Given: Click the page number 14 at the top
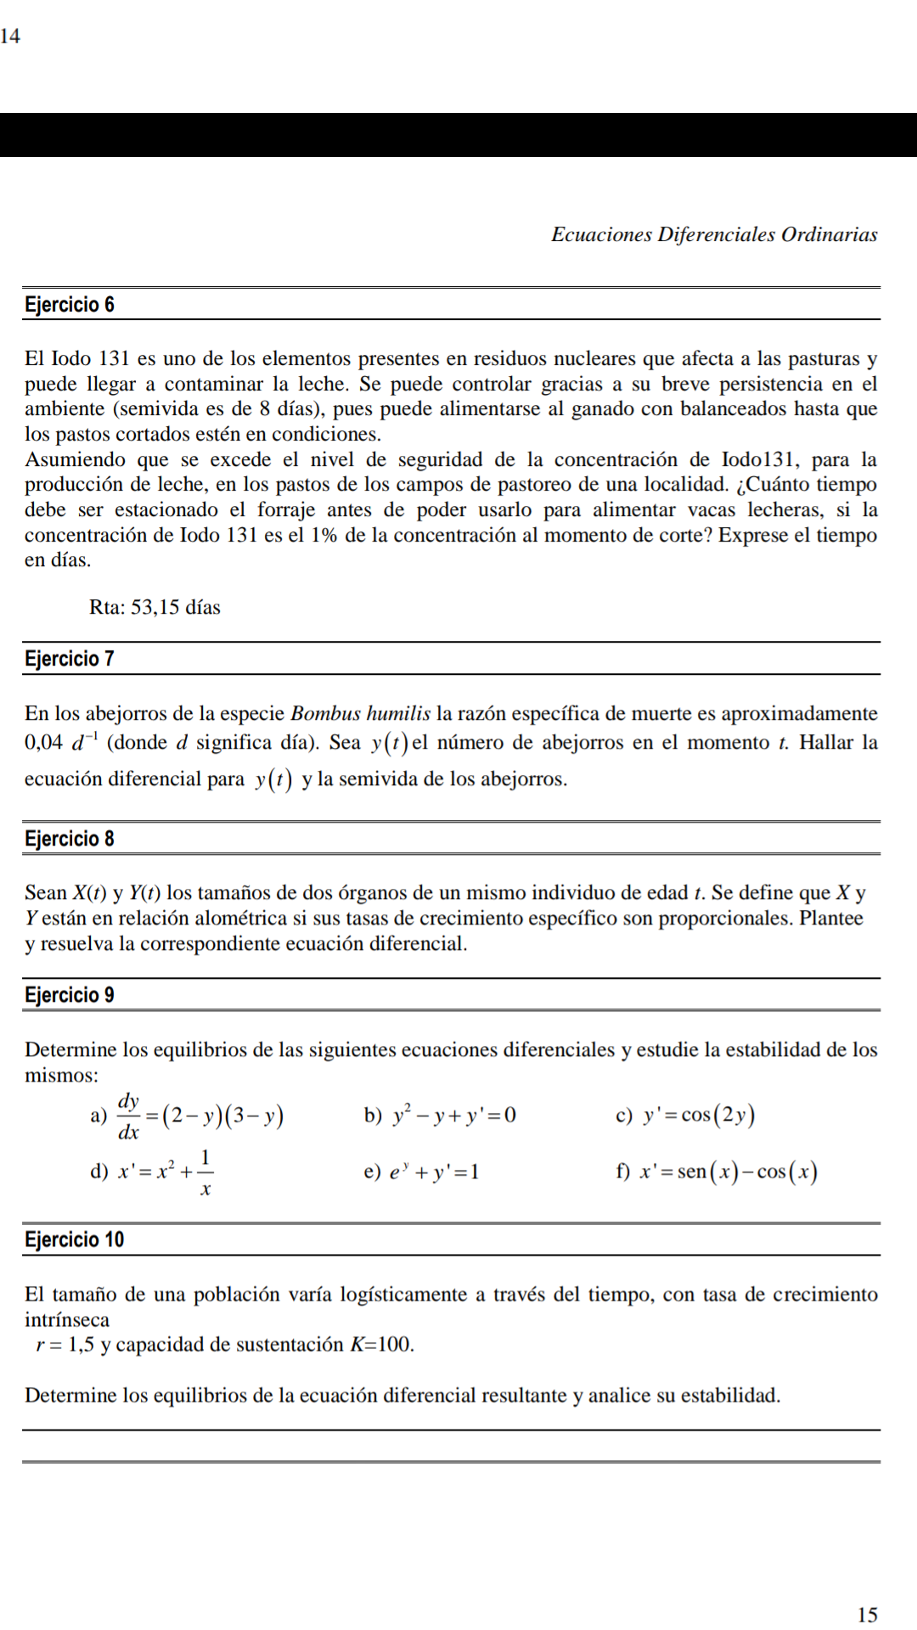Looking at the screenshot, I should (10, 36).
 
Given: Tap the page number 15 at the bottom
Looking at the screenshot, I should (867, 1614).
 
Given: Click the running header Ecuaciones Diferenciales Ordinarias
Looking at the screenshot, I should (714, 234).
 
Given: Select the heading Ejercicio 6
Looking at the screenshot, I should (70, 305).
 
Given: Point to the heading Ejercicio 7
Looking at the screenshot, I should (70, 659).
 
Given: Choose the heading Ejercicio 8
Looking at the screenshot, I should (70, 839).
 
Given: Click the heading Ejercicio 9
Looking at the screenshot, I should (70, 995).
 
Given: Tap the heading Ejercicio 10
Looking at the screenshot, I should (75, 1239).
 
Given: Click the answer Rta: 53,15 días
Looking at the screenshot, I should (155, 607).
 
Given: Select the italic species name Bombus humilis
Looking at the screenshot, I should (360, 713).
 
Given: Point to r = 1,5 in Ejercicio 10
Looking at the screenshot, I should (65, 1345).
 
